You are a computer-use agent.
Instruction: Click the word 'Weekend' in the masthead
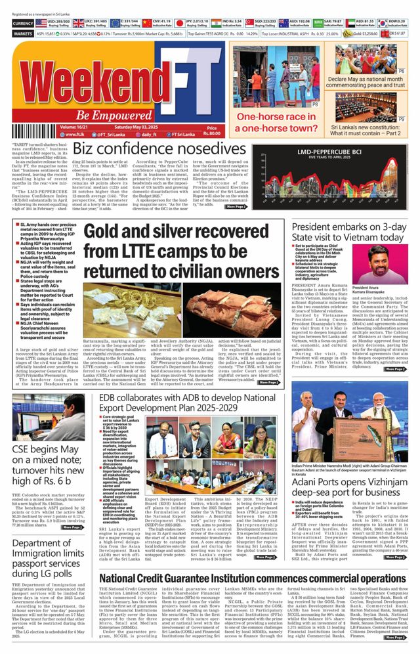(98, 79)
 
